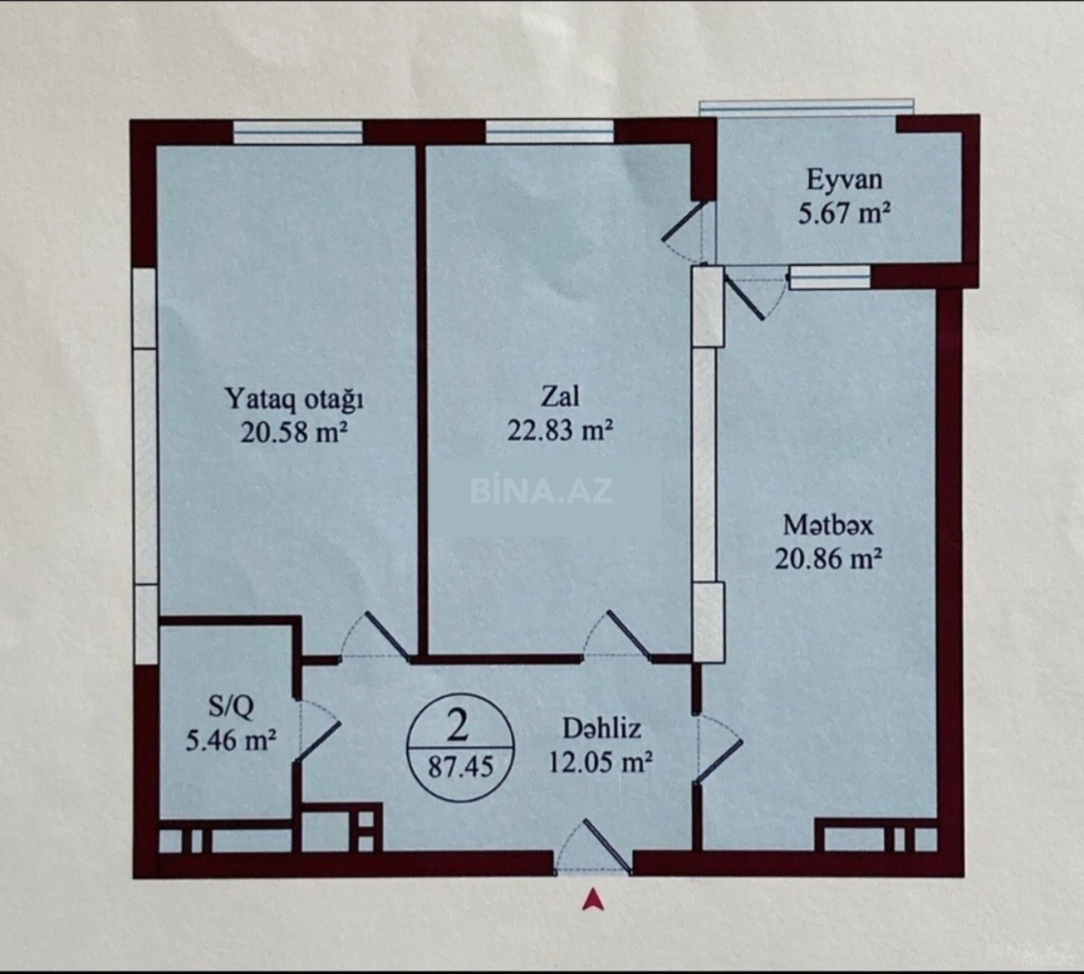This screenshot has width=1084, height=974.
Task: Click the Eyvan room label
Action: point(844,180)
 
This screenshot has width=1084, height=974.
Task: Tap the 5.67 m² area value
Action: point(844,214)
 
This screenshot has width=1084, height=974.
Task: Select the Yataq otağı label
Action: point(294,399)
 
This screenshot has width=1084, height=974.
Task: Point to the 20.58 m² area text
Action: point(294,433)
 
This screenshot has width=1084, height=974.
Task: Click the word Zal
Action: point(560,397)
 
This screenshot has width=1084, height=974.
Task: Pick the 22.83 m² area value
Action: point(560,430)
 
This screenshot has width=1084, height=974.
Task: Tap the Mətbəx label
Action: point(828,525)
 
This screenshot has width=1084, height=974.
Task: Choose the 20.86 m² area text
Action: point(828,558)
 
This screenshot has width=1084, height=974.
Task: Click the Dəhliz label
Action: point(601,729)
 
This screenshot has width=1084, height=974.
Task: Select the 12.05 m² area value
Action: point(601,762)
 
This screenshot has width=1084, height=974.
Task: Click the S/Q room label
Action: point(231,706)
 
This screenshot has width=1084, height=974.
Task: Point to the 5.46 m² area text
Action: point(231,741)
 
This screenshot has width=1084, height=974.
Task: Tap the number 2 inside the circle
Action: point(458,726)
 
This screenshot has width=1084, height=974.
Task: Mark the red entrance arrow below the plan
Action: point(592,900)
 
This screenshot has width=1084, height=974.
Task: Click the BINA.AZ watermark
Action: point(541,491)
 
